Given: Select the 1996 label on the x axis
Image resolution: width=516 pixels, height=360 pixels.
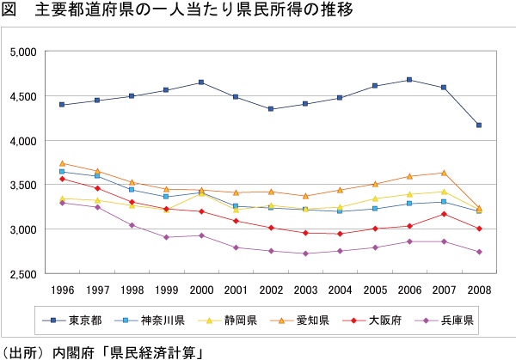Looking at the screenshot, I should click(62, 289).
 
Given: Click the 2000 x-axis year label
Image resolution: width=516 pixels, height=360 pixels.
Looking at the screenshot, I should click(200, 289).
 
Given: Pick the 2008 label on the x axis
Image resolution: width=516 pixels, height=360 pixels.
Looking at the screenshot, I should click(478, 289).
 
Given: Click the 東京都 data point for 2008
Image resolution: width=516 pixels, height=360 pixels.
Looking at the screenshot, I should click(478, 125).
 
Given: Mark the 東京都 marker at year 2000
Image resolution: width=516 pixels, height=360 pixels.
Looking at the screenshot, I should click(200, 82).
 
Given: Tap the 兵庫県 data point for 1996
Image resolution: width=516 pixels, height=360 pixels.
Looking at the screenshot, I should click(62, 203).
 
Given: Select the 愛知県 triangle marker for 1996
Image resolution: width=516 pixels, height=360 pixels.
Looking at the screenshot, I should click(62, 163).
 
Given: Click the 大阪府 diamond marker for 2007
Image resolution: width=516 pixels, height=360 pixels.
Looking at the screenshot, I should click(444, 214).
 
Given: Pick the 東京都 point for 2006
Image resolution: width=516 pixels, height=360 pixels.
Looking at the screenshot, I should click(408, 80).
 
